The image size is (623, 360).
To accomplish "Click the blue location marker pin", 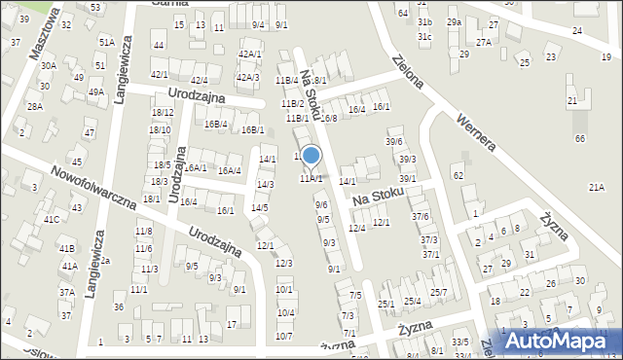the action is pos(311,156).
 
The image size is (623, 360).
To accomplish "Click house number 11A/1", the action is pos(311,179).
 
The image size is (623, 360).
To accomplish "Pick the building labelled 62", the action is pos(458,175).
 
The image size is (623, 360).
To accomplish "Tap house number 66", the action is pos(580,139).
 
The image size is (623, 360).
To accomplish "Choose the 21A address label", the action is pos(596,187).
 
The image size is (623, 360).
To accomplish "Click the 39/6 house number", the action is pos(393,142).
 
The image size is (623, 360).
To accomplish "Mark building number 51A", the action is pos(106,43).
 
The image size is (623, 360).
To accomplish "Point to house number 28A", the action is pos(35,107).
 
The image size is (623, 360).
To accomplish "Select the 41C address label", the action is pos(51,220).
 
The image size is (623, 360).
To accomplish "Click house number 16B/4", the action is pos(215,124).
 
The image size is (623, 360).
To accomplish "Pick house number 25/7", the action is pos(438,293).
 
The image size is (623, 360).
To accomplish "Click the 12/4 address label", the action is pos(356,228).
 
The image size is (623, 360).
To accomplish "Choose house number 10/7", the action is pos(284,337).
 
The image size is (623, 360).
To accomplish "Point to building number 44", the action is pos(158,46).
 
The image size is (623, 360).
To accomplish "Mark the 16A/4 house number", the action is pos(230,171).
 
